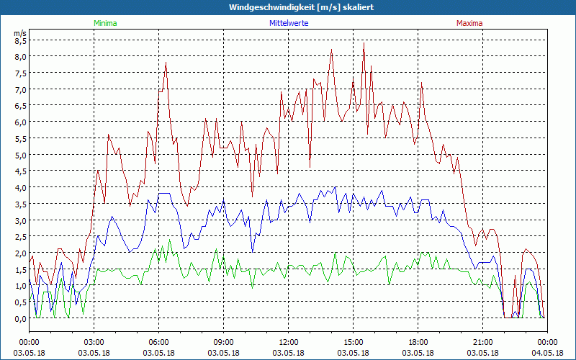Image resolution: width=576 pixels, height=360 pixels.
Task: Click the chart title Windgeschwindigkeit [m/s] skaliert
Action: coord(301,7)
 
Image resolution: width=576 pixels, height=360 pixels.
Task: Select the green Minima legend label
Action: coord(104,23)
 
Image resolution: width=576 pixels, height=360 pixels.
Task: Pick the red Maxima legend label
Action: coord(469,23)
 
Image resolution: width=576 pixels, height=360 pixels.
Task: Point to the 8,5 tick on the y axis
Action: coord(20,40)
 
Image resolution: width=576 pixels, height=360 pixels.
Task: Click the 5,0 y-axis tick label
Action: coord(20,155)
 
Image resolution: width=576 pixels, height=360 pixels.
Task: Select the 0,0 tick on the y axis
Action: coord(20,318)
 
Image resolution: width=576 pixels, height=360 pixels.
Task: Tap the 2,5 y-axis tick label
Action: coord(20,236)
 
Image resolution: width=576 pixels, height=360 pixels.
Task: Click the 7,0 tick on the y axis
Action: coord(20,89)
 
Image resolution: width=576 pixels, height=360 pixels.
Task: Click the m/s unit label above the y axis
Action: coord(20,32)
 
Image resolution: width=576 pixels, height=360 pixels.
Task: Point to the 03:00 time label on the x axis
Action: coord(94,342)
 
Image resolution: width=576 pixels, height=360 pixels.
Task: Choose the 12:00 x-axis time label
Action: coord(288,342)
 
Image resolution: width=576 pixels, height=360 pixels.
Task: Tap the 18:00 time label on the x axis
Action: coord(418,342)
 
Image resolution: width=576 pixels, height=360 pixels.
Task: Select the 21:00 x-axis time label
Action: coord(482,342)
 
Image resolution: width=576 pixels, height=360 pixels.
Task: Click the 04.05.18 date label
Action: coord(547,353)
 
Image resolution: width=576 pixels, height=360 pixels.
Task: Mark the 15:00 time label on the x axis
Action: coord(353,342)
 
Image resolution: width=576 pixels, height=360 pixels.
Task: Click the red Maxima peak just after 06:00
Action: coord(166,63)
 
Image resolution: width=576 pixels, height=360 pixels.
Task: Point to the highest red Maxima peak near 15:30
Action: coord(364,43)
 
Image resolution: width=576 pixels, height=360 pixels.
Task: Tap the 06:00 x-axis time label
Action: coord(158,342)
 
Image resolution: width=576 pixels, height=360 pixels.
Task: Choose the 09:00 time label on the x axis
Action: coord(223,342)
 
